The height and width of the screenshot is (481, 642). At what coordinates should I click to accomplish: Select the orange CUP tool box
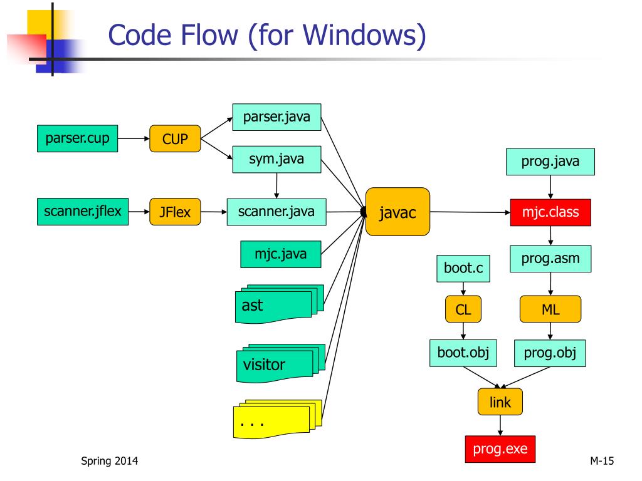click(175, 139)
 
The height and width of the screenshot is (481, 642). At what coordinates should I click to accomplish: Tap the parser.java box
click(276, 117)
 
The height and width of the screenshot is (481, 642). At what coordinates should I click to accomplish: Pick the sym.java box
click(276, 159)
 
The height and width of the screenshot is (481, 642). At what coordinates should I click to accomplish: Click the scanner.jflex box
click(82, 212)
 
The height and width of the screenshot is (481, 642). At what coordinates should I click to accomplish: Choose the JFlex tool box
click(175, 213)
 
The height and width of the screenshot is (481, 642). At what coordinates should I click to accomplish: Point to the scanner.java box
click(276, 212)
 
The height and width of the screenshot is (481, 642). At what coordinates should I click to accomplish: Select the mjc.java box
click(280, 254)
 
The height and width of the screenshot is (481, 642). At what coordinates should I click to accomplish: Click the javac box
click(397, 212)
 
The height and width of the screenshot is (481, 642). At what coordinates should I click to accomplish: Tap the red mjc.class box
click(550, 212)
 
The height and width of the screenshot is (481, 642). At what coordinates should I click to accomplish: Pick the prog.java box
click(550, 162)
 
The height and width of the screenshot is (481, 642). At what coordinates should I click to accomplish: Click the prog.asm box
click(550, 258)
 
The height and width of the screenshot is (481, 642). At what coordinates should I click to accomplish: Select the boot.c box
click(463, 269)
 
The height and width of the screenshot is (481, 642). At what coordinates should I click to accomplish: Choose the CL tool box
click(463, 309)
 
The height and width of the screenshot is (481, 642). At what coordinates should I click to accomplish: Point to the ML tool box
click(550, 309)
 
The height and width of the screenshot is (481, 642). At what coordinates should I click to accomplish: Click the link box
click(500, 402)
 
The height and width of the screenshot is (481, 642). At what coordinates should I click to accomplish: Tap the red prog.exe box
click(500, 448)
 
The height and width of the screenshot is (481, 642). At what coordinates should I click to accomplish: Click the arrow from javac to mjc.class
click(470, 212)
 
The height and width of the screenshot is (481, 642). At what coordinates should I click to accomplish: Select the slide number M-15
click(601, 462)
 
